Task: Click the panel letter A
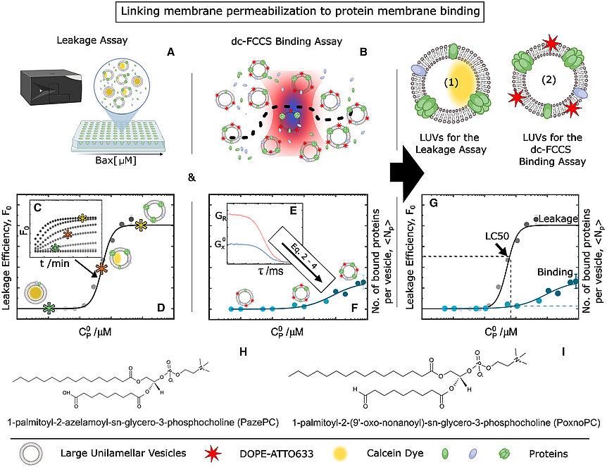(x=170, y=51)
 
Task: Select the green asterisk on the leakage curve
(x=49, y=309)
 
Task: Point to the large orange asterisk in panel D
(x=101, y=269)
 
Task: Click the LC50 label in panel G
(x=497, y=236)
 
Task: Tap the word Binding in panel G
(x=555, y=272)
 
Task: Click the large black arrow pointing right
(x=406, y=173)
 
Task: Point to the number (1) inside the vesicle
(x=451, y=82)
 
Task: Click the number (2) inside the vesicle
(x=549, y=80)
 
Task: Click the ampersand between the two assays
(x=192, y=178)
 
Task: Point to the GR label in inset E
(x=220, y=216)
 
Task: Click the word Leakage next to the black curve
(x=558, y=218)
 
